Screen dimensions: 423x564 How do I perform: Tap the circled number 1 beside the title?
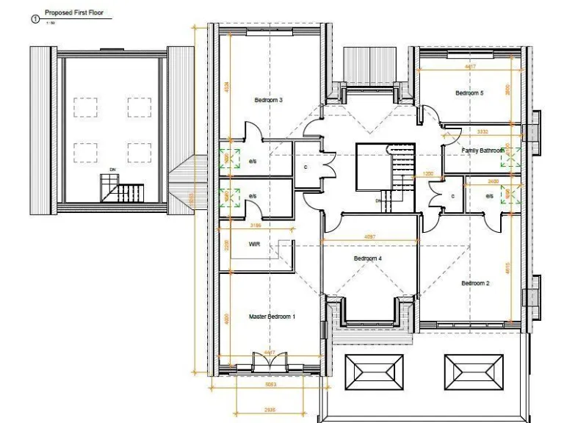(x=34, y=18)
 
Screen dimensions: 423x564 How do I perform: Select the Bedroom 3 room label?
(x=268, y=100)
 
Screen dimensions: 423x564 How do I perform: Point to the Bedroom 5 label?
(x=469, y=93)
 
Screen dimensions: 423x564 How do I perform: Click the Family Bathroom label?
(x=482, y=151)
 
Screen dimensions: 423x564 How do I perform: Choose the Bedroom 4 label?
(x=367, y=258)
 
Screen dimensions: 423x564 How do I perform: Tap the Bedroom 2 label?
(x=475, y=283)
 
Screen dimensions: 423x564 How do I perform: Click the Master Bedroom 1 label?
(x=272, y=317)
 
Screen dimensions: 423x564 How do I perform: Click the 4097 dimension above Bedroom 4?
(x=371, y=236)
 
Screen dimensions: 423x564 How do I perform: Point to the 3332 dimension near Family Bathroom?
(x=482, y=132)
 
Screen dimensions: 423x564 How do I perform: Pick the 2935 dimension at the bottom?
(x=269, y=410)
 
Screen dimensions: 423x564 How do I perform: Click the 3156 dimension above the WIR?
(x=256, y=225)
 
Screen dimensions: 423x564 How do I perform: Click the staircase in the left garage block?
(x=120, y=192)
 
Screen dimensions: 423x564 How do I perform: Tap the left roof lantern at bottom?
(x=374, y=373)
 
